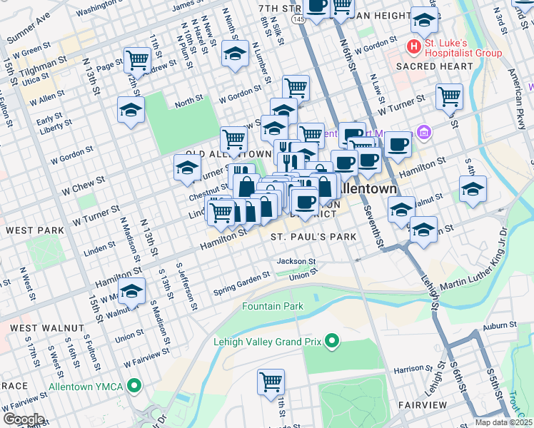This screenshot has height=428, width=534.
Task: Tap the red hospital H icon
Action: point(412,47)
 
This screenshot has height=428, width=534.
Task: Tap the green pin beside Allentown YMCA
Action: point(133,386)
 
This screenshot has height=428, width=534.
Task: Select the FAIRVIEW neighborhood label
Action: point(422,404)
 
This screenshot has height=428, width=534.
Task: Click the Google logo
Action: point(23,419)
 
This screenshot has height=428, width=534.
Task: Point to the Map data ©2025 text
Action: point(503,422)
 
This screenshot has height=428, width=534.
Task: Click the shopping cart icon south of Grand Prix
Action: point(271,382)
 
